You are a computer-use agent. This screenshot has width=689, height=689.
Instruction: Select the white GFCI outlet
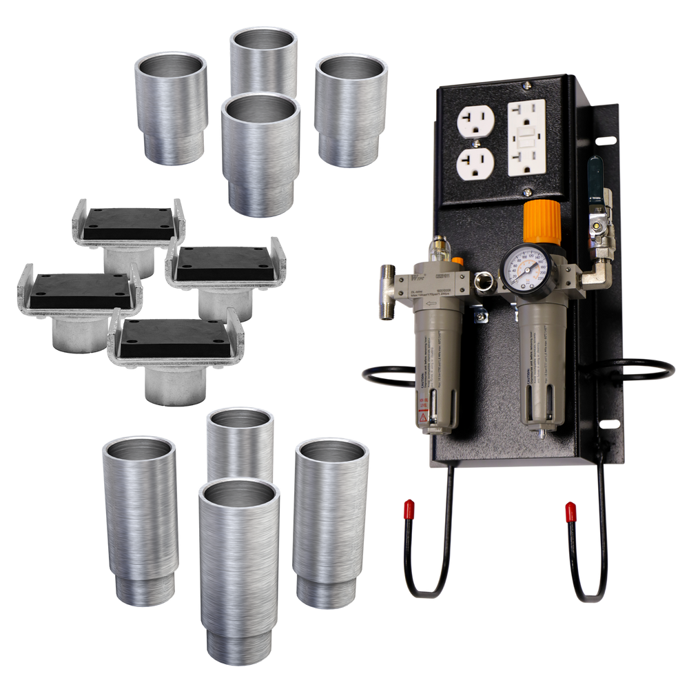(526, 137)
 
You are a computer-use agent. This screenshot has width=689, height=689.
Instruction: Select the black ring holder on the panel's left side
(386, 376)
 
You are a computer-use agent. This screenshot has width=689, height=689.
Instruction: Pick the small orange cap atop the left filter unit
(457, 262)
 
